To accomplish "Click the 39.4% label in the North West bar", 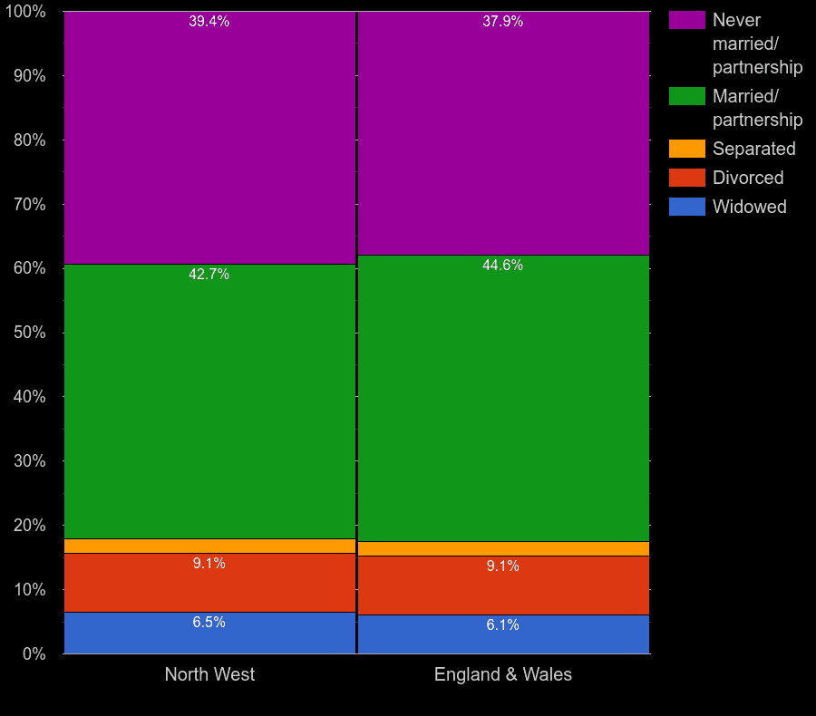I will (209, 22).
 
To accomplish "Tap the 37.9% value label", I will (502, 22).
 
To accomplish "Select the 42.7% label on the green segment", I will (209, 275).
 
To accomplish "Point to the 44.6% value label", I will (502, 266).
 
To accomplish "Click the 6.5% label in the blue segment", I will (209, 623).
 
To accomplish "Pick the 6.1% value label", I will (502, 625).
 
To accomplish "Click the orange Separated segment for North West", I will (209, 546).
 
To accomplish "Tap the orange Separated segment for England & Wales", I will (503, 548).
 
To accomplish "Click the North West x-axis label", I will (209, 674).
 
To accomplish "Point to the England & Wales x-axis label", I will (503, 674).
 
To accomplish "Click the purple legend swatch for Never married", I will (686, 20).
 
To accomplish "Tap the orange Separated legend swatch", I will (686, 149).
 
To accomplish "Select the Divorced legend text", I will (748, 178).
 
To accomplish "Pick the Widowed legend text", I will (750, 207).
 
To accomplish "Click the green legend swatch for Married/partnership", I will (686, 96).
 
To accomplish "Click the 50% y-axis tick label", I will (29, 333).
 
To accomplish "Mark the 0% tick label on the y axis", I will (34, 653).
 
